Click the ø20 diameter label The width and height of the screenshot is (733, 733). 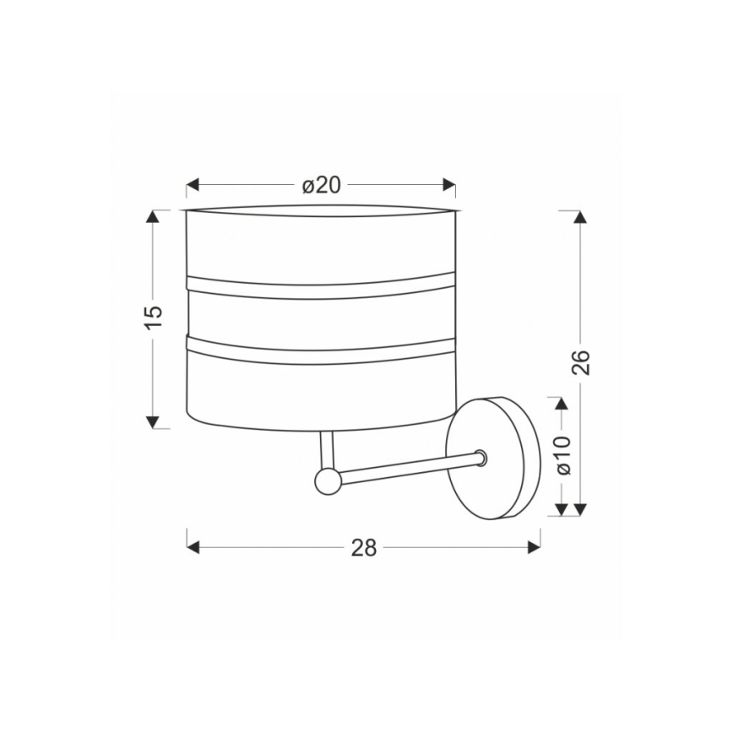pos(321,185)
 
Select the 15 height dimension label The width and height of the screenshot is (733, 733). pos(153,316)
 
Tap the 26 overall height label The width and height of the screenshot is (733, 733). pos(579,361)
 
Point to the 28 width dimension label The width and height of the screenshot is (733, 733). pos(363,547)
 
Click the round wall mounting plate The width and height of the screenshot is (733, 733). pos(494,458)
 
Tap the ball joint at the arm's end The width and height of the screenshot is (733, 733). pos(326,481)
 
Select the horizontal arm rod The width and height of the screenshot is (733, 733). pos(405,470)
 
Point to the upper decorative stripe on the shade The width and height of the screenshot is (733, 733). pos(320,286)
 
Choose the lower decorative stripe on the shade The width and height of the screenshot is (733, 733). pos(320,350)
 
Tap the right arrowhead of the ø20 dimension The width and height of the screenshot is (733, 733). pos(449,185)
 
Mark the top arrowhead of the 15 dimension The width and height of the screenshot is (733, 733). pos(153,216)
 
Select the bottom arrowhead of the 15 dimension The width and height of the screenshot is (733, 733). pos(153,421)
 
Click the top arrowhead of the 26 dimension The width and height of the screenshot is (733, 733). pos(579,216)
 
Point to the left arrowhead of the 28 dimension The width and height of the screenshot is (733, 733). pos(193,547)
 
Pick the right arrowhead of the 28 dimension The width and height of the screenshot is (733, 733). pos(534,547)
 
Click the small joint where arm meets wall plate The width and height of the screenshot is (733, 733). pos(481,458)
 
